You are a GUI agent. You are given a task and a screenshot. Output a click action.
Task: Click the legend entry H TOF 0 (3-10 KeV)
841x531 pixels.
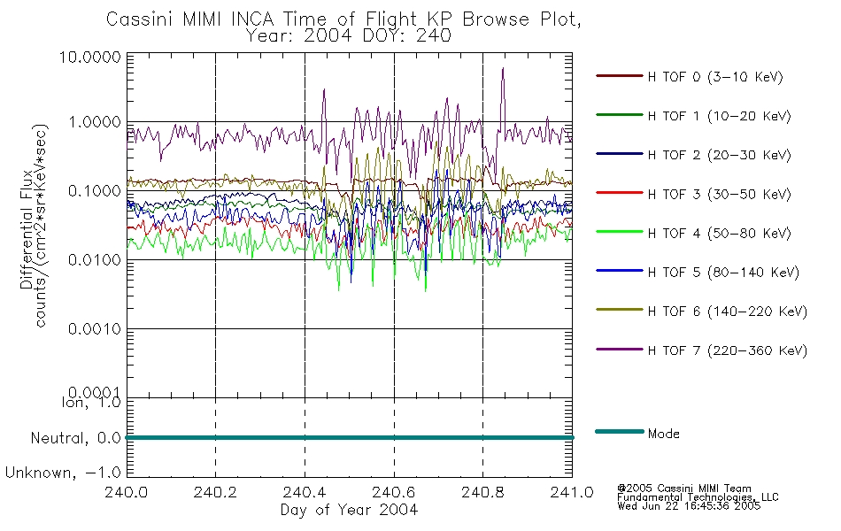pos(715,77)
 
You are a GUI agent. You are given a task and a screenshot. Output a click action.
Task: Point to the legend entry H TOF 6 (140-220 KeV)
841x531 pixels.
pos(727,312)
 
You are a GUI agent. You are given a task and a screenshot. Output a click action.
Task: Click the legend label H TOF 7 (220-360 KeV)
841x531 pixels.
pos(727,350)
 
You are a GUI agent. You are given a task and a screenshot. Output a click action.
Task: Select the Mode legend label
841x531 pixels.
pos(663,434)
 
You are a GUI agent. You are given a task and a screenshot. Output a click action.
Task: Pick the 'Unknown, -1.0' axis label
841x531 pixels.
pos(64,473)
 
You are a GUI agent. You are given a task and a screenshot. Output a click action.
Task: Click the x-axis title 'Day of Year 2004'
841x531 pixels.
pos(349,510)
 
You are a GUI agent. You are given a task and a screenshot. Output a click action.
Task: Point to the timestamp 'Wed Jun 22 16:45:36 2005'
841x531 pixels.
pos(688,507)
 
